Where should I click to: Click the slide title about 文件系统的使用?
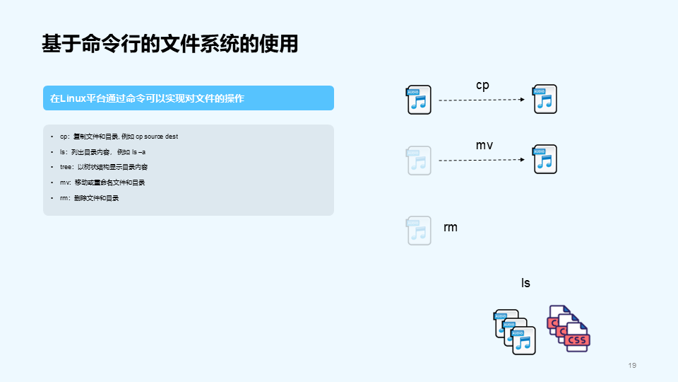(169, 44)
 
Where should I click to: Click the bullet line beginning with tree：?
(103, 167)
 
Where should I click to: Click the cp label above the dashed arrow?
(482, 85)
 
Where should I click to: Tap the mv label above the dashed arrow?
(484, 145)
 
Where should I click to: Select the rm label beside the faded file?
(451, 227)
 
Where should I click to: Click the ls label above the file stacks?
(525, 283)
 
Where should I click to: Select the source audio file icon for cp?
(419, 100)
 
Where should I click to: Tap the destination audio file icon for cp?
(545, 99)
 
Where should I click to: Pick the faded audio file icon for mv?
(419, 161)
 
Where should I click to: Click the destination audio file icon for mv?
(545, 159)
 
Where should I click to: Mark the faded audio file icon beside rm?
(419, 231)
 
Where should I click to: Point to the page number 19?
(632, 365)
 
